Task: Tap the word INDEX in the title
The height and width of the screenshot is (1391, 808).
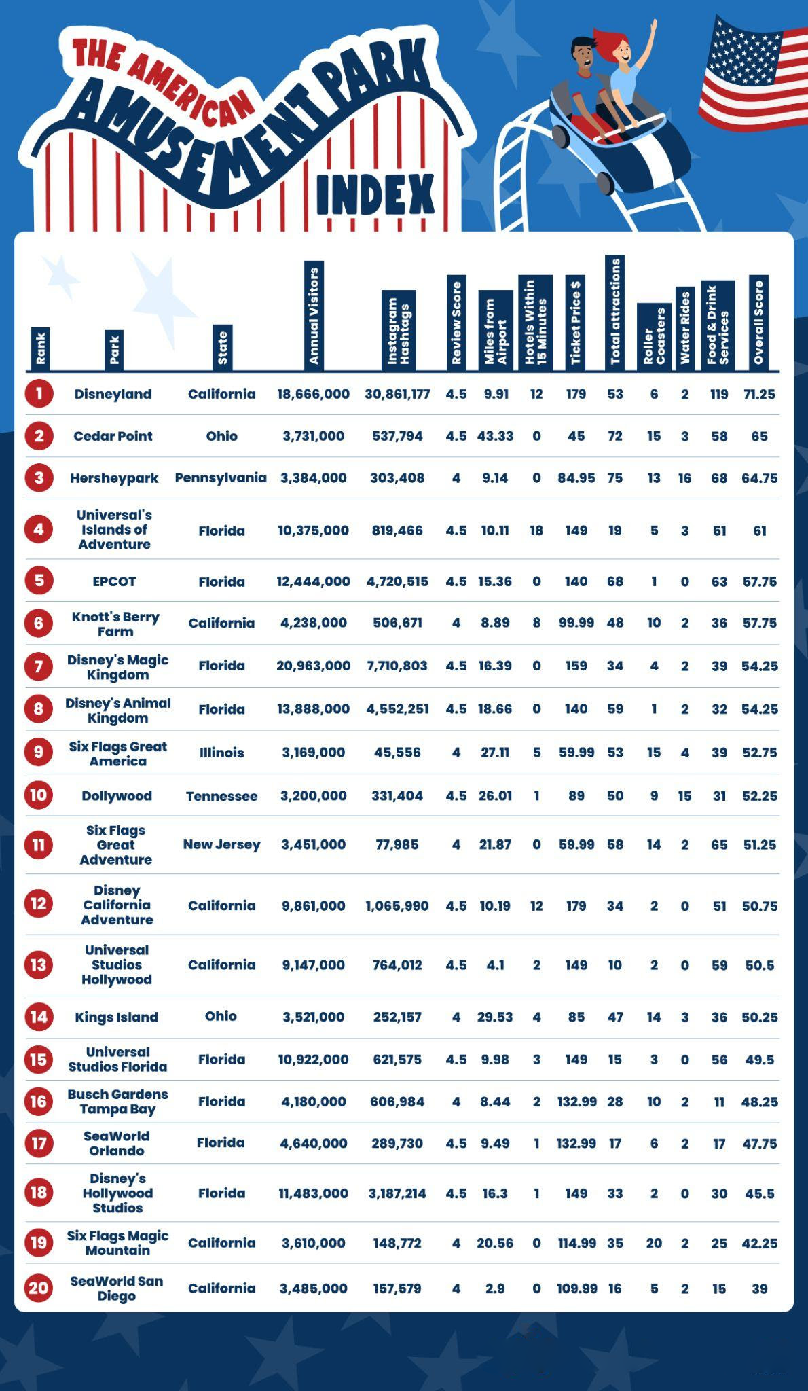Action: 375,194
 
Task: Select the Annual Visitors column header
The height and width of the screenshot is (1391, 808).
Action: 313,315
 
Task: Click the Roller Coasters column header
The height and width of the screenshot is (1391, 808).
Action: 653,336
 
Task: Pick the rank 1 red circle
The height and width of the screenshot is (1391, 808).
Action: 39,394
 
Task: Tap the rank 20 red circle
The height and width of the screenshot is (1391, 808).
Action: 39,1288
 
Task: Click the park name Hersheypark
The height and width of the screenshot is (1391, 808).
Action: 114,478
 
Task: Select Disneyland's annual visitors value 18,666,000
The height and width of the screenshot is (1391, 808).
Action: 313,394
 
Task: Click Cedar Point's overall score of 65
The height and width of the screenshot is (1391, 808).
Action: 759,436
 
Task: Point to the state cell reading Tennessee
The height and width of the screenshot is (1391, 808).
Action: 221,796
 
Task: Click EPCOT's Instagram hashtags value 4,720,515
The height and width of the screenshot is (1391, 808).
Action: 397,581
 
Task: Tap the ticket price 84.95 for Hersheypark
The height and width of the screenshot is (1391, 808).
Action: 576,478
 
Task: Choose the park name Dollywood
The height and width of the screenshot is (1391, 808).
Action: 116,796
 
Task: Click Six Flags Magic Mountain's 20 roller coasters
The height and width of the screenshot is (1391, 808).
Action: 653,1243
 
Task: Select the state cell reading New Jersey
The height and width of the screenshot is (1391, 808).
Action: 221,844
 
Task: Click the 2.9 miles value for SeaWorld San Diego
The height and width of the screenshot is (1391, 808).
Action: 495,1288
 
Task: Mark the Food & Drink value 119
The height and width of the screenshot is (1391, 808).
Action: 718,394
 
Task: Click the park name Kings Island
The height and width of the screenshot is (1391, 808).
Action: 116,1017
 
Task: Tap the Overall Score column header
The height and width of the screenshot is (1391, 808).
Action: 758,322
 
